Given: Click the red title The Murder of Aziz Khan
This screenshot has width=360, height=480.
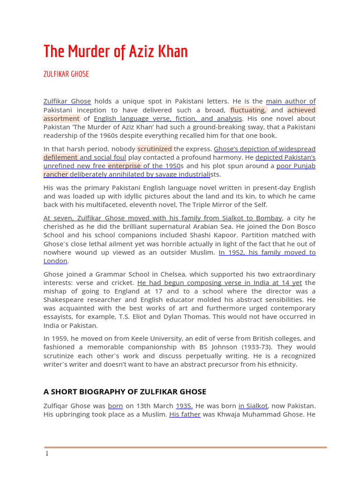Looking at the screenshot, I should click(115, 52).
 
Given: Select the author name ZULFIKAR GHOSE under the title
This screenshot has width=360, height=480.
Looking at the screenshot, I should click(66, 74).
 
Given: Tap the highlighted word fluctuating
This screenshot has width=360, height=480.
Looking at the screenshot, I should click(248, 110).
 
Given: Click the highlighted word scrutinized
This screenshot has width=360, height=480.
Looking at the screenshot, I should click(154, 149).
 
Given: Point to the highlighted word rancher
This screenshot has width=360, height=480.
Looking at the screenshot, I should click(56, 174).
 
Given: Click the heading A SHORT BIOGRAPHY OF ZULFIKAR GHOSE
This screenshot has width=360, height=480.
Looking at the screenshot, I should click(125, 391).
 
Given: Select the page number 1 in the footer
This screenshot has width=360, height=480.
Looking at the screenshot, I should click(47, 454).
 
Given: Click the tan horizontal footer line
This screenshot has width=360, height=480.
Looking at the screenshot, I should click(186, 447).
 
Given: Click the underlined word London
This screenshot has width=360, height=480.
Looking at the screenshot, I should click(55, 261).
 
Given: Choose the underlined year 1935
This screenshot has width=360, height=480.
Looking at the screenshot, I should click(184, 406).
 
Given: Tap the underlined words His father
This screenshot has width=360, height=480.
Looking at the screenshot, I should click(185, 414).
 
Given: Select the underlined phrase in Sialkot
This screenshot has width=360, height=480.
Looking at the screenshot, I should click(253, 406).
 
